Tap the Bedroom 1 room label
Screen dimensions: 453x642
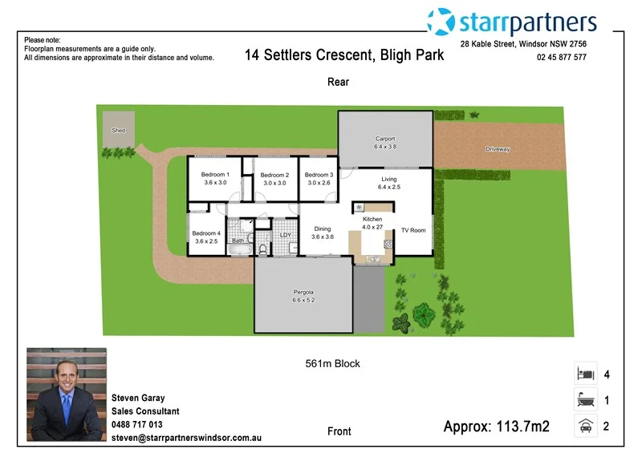215,175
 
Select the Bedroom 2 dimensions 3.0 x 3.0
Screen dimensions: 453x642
274,183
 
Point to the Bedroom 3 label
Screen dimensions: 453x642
319,175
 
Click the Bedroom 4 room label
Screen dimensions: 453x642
205,233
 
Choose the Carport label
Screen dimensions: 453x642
385,139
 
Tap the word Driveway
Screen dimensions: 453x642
498,150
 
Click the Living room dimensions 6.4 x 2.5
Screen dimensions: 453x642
389,187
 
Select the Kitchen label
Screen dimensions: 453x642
372,219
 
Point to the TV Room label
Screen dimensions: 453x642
413,230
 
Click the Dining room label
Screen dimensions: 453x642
322,229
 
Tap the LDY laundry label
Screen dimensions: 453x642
286,235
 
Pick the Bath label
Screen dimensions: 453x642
238,241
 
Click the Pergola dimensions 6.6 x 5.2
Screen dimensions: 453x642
303,301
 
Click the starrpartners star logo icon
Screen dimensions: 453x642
441,22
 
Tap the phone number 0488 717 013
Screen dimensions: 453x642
136,425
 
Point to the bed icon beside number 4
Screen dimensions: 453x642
584,374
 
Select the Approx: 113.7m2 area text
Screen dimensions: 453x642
496,427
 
